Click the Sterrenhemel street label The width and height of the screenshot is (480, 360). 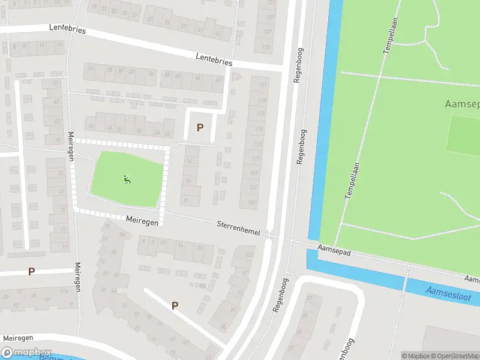tap(238, 228)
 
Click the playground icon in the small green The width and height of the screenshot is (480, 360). tap(127, 179)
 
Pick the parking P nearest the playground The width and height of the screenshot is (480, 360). tap(200, 127)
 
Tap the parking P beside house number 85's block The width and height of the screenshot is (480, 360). tap(175, 305)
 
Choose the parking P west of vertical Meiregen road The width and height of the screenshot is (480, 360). tap(31, 271)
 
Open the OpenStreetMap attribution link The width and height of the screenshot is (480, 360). tap(456, 356)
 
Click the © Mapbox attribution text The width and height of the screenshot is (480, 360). tap(416, 356)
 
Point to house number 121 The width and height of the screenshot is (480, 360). tap(262, 86)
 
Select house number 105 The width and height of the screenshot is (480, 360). tap(251, 202)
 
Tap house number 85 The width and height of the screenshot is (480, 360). tap(223, 327)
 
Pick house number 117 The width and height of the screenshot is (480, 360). tap(260, 115)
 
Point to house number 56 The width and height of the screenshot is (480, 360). tap(122, 235)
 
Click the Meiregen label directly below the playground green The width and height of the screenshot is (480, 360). tap(142, 221)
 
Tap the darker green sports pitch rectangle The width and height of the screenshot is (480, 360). tap(463, 133)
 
